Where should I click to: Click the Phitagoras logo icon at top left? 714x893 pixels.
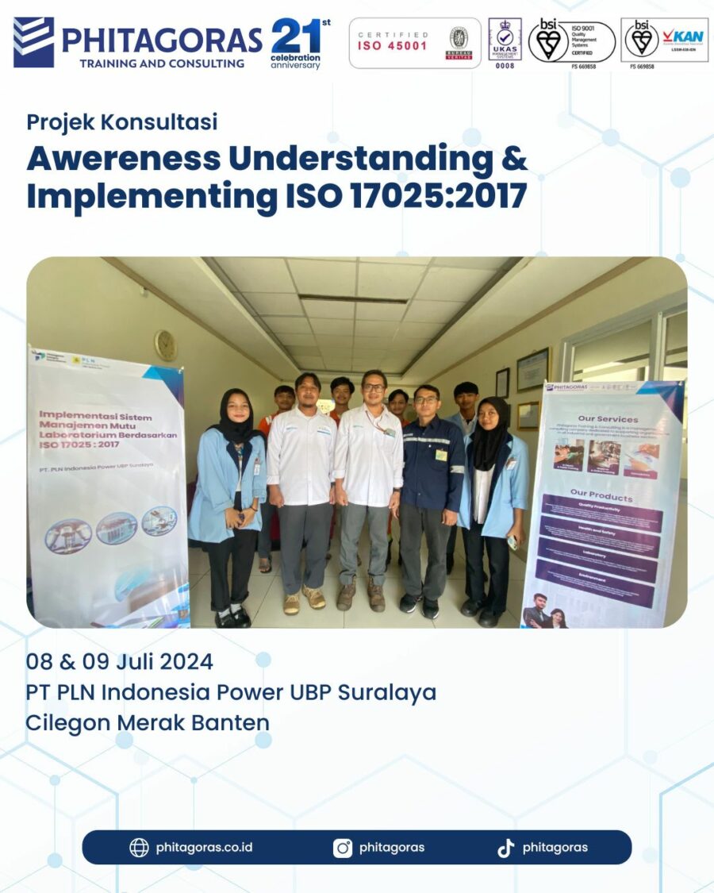(x=33, y=42)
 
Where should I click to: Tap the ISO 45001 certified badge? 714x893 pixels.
(x=415, y=43)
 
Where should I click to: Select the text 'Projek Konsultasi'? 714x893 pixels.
(x=122, y=122)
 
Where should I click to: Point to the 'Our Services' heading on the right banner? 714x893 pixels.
(x=608, y=418)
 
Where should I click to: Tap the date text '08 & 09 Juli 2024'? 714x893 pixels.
(x=119, y=661)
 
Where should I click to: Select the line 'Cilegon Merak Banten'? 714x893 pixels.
(x=148, y=722)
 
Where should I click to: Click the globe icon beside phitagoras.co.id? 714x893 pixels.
(x=139, y=848)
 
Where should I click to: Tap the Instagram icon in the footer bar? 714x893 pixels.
(x=343, y=848)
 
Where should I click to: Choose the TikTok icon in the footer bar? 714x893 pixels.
(x=505, y=848)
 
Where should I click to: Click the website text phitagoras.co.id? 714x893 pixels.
(x=204, y=848)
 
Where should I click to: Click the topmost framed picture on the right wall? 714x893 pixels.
(x=532, y=369)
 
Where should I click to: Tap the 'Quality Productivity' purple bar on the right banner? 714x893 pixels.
(x=601, y=514)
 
